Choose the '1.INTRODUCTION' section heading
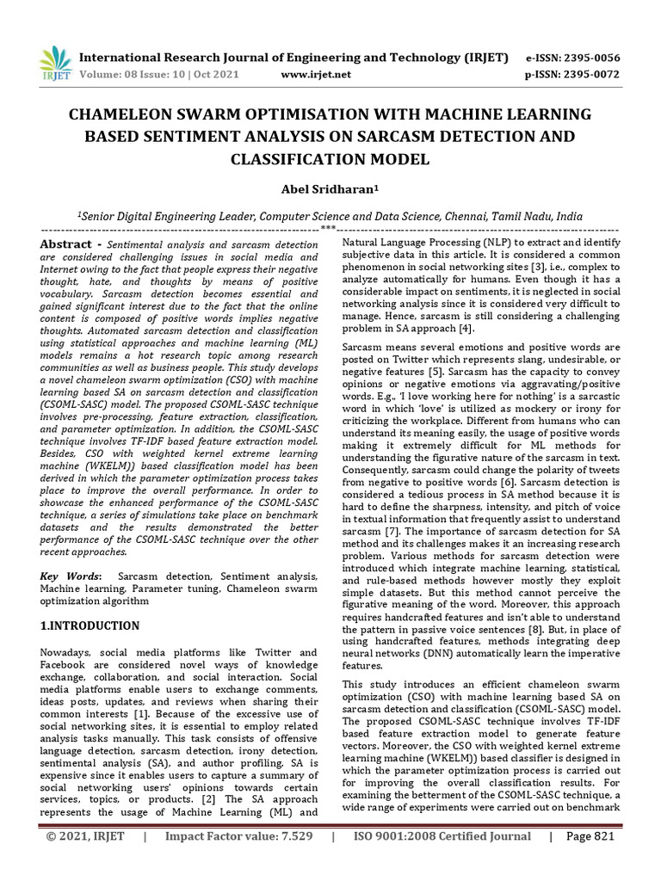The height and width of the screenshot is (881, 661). [90, 625]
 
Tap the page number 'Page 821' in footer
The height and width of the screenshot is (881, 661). [590, 860]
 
